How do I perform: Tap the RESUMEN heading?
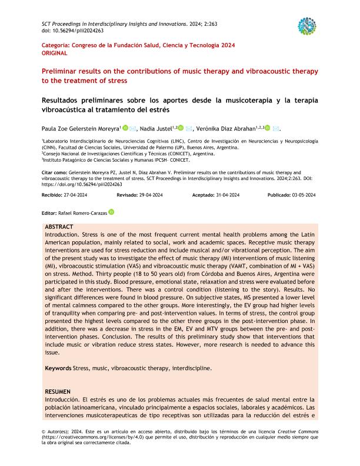[58, 391]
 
